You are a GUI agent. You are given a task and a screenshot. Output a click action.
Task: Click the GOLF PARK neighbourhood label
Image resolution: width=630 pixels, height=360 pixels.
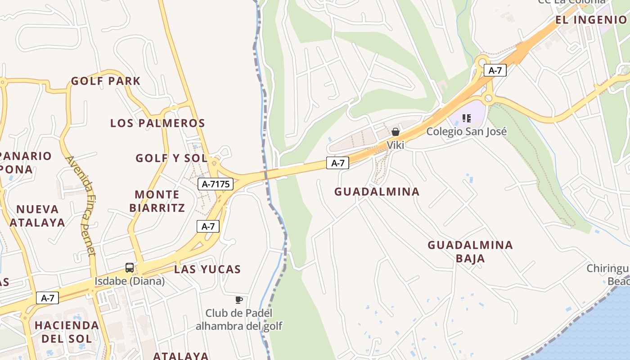[106, 81]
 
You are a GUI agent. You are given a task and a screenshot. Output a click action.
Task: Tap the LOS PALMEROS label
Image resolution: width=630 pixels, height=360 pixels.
[157, 123]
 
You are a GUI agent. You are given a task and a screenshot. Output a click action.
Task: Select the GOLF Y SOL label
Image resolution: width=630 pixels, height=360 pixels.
[171, 158]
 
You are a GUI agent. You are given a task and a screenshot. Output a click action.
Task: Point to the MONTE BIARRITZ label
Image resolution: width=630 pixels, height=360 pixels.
[157, 201]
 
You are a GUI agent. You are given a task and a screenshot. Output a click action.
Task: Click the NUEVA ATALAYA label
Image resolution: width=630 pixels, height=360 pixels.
[37, 216]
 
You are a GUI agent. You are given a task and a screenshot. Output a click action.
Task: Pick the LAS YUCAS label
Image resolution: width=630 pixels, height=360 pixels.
[207, 269]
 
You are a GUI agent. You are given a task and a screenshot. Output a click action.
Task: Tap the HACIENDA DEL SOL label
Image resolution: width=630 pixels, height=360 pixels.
[67, 332]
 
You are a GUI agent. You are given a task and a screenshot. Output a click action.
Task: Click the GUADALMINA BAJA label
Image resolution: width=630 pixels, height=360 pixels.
[470, 252]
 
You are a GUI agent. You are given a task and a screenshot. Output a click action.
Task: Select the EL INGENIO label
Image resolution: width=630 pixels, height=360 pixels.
[591, 19]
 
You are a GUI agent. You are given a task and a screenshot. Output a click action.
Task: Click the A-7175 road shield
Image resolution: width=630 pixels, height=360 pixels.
[216, 184]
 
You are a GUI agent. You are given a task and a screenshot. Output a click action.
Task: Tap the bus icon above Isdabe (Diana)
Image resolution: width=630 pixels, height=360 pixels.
[130, 268]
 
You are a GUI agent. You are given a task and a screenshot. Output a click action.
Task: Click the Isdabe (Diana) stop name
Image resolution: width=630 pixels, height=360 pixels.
[130, 281]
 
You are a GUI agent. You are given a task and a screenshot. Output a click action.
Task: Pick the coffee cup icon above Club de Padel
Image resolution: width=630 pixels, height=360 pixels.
[239, 300]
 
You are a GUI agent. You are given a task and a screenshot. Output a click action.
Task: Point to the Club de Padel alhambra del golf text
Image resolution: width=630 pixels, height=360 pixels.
[239, 319]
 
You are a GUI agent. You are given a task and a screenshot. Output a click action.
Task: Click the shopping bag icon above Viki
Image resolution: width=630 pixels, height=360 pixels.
[396, 132]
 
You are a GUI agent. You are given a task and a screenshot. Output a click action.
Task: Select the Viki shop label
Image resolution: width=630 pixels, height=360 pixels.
[396, 145]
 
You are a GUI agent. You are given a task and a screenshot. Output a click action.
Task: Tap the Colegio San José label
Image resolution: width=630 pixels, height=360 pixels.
[466, 131]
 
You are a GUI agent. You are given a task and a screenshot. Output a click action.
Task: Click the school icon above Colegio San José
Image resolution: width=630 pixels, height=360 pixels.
[467, 118]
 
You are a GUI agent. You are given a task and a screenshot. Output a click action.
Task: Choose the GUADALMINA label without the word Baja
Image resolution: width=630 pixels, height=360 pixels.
[377, 191]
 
